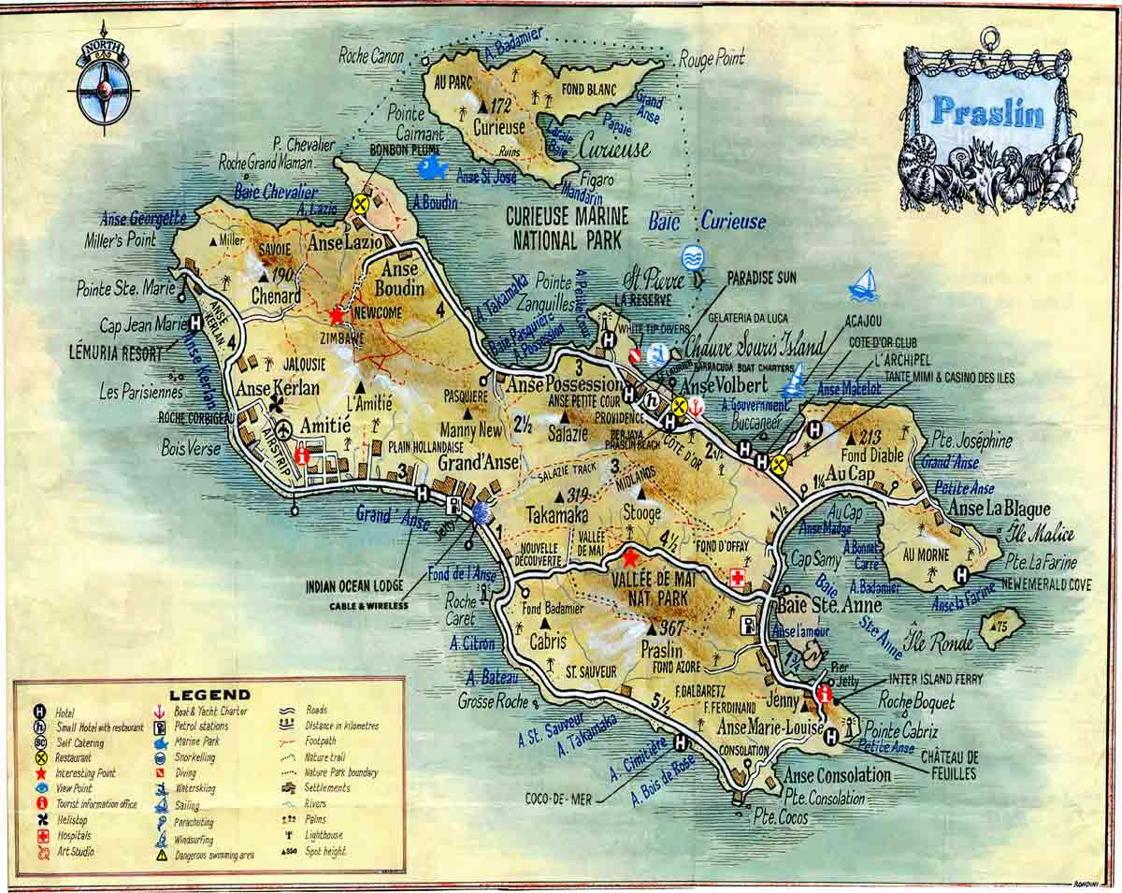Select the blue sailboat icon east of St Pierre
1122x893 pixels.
(864, 284)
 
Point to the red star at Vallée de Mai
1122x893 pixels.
(630, 558)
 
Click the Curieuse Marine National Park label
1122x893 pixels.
(567, 227)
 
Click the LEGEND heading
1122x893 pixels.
(209, 694)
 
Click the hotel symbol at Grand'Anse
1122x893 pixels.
(423, 493)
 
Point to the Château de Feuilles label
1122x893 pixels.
(949, 765)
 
